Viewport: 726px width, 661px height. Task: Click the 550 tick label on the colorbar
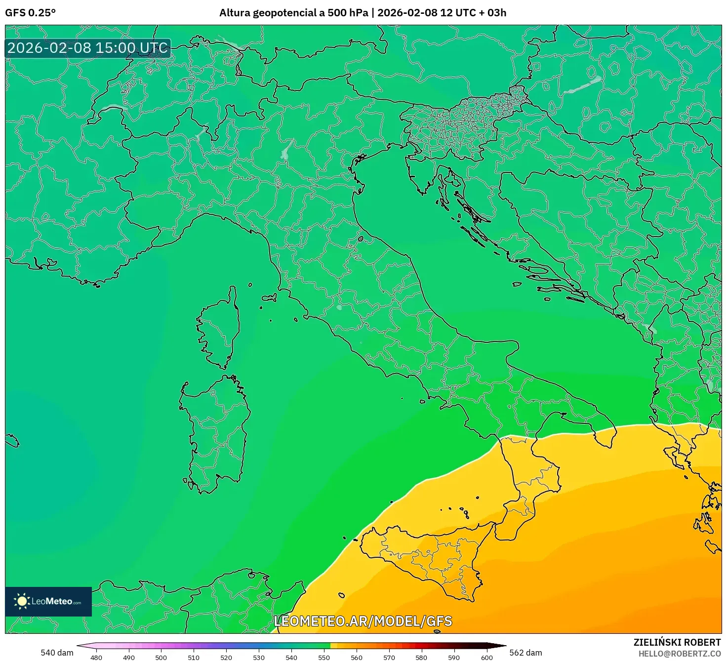tap(324, 658)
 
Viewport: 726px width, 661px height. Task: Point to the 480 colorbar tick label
tap(96, 658)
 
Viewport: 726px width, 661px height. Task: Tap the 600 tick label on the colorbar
tap(487, 658)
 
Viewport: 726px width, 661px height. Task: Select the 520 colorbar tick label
tap(226, 658)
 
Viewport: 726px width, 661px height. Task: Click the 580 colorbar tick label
tap(421, 658)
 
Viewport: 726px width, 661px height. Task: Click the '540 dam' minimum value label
tap(57, 653)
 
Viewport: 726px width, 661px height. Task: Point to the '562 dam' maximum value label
tap(525, 653)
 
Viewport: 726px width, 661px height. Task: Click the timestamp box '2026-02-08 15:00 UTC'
tap(88, 48)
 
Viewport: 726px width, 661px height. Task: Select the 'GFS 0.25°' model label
tap(30, 13)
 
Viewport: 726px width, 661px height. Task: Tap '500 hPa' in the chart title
tap(348, 13)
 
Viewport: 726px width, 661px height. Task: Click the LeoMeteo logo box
tap(48, 601)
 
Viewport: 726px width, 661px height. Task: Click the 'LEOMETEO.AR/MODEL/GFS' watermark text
tap(363, 621)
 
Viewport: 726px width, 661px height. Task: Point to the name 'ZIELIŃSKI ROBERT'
tap(677, 642)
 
